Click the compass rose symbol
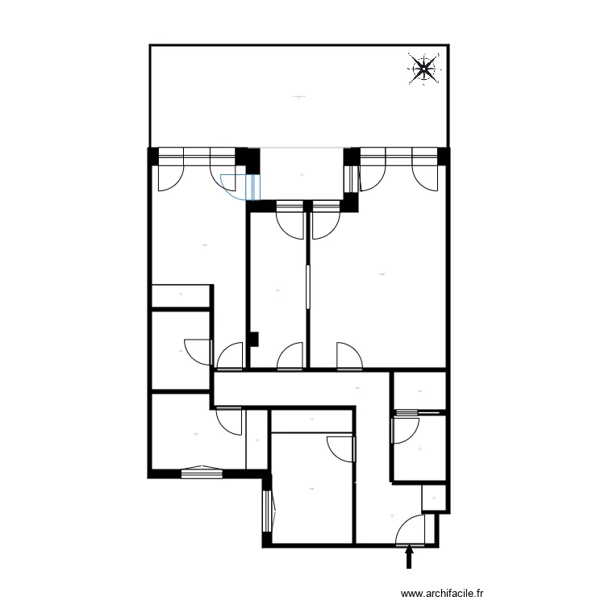[x=425, y=69]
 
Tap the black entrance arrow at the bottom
[x=409, y=557]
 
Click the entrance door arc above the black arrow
[x=411, y=529]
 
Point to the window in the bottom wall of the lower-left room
[x=201, y=472]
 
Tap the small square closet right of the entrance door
[x=434, y=499]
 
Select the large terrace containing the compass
[x=298, y=97]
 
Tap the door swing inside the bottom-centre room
[x=342, y=447]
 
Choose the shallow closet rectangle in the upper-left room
[x=181, y=295]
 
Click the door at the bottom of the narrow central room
[x=289, y=357]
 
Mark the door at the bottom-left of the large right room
[x=348, y=356]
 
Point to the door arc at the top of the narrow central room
[x=290, y=222]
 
